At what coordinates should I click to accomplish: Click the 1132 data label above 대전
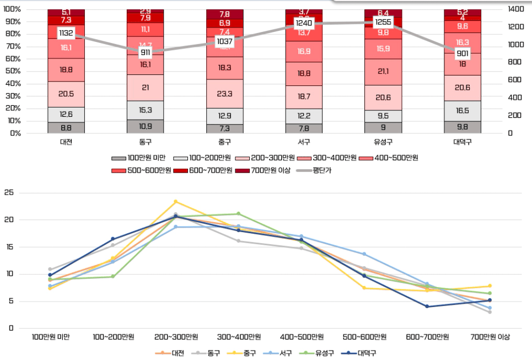[x=66, y=33]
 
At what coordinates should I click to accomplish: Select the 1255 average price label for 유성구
[x=383, y=22]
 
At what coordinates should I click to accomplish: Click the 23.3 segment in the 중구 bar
[x=224, y=94]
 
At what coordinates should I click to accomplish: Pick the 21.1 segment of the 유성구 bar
[x=383, y=72]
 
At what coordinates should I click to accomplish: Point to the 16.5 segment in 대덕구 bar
[x=463, y=111]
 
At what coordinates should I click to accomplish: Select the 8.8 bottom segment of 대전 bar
[x=66, y=127]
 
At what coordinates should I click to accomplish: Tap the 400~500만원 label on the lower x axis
[x=303, y=337]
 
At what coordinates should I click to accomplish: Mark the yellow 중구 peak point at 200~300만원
[x=176, y=202]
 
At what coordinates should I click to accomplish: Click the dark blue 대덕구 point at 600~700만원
[x=427, y=307]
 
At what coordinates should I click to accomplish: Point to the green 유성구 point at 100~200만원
[x=112, y=276]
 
